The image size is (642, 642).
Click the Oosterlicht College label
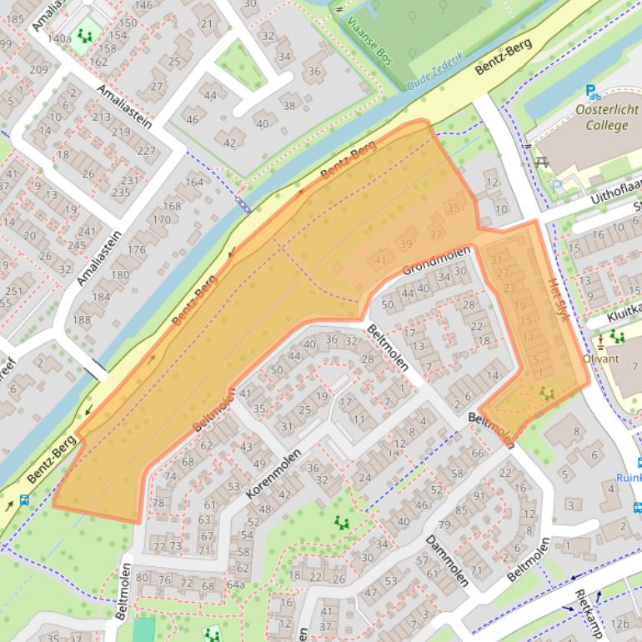(606, 118)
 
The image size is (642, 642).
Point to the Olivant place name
(600, 359)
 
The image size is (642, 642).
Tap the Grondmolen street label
(436, 259)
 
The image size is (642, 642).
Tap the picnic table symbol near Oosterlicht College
(540, 161)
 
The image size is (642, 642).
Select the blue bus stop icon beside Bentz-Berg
(24, 501)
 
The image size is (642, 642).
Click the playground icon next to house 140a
(84, 35)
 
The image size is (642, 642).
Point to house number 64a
(235, 584)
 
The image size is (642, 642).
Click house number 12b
(619, 623)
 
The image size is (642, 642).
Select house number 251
(13, 291)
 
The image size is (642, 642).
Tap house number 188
(82, 319)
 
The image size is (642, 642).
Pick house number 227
(146, 151)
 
